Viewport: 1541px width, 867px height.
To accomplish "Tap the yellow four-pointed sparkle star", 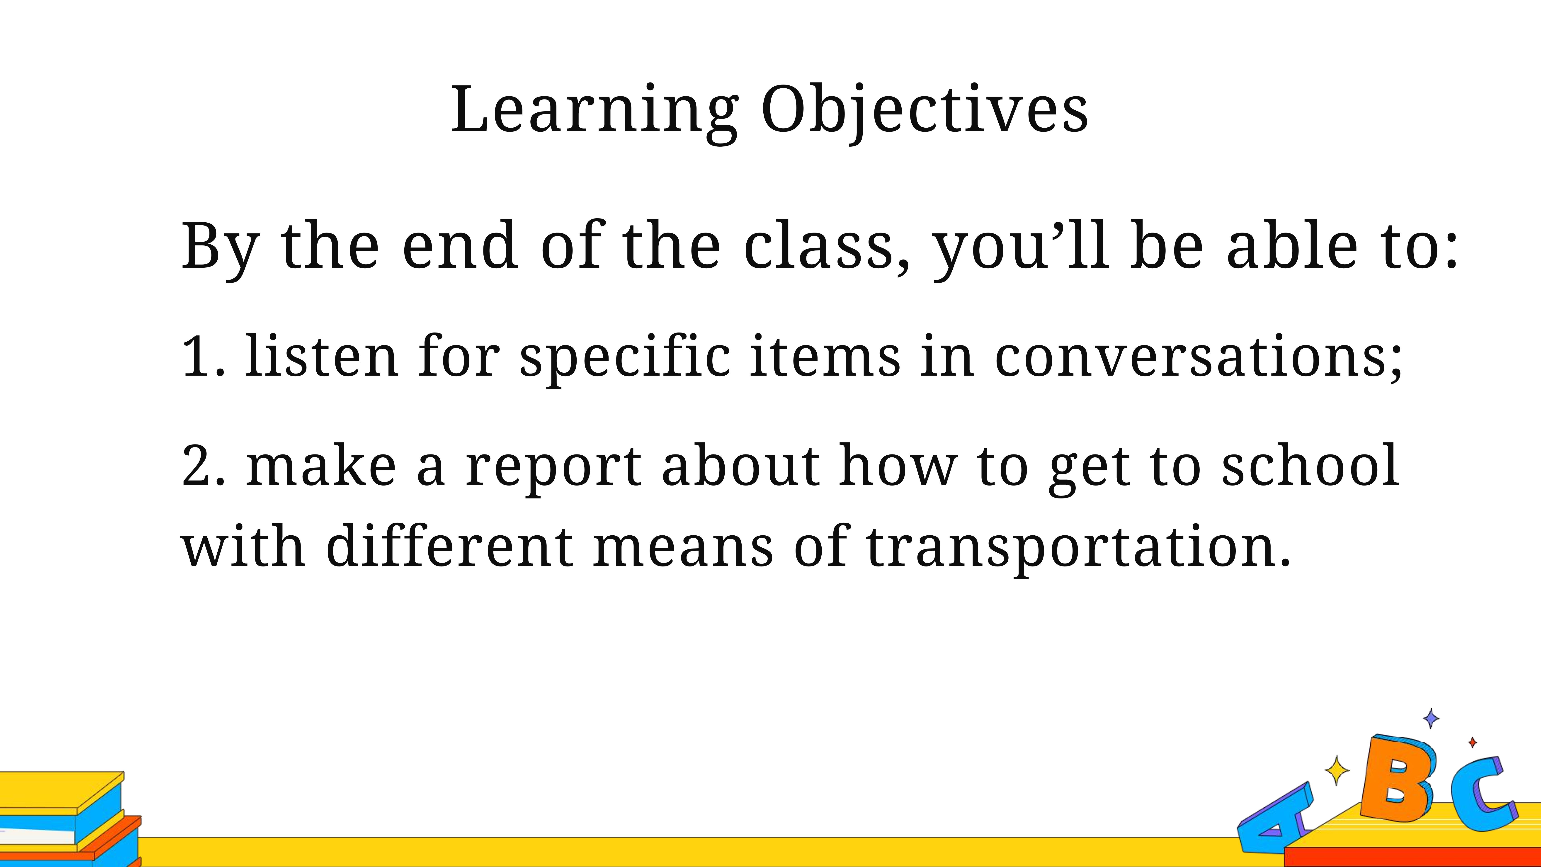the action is (x=1337, y=771).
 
